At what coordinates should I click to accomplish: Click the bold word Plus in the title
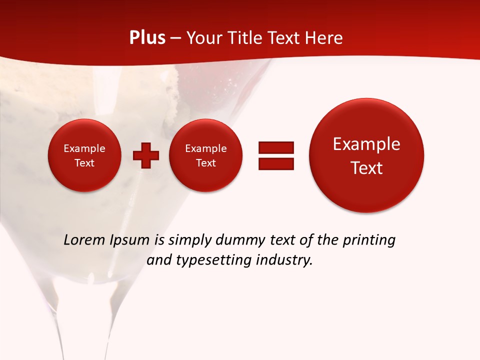click(147, 38)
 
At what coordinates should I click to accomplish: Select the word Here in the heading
click(324, 38)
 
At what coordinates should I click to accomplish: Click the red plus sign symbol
click(146, 155)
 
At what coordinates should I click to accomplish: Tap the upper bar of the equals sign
click(276, 147)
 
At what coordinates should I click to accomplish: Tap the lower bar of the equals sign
click(276, 163)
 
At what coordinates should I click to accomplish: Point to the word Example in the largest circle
click(366, 144)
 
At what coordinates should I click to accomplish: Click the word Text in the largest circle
click(366, 168)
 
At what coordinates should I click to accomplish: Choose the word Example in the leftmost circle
click(84, 148)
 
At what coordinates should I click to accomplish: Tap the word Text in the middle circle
click(205, 163)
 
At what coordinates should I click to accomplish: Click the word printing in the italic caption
click(368, 240)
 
